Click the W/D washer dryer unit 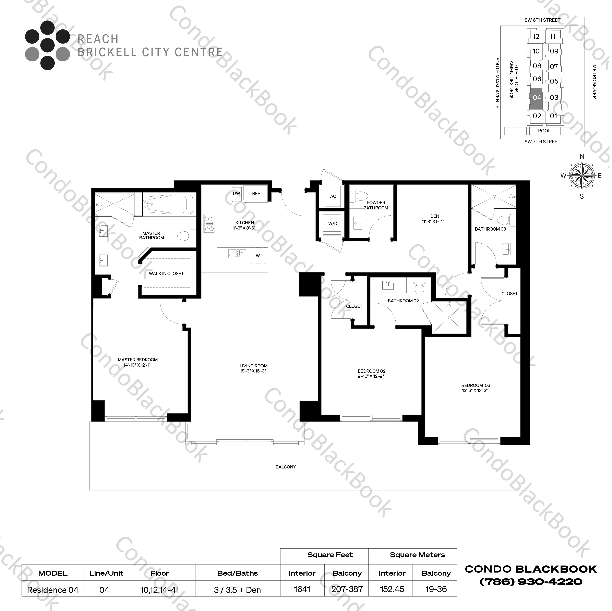(x=332, y=224)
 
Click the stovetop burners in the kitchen (x=209, y=224)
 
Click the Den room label (x=435, y=216)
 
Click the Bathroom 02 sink (x=388, y=285)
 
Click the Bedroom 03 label (x=476, y=386)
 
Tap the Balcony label (x=286, y=467)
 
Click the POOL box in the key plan (x=544, y=131)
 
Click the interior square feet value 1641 (x=302, y=589)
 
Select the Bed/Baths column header (x=237, y=573)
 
